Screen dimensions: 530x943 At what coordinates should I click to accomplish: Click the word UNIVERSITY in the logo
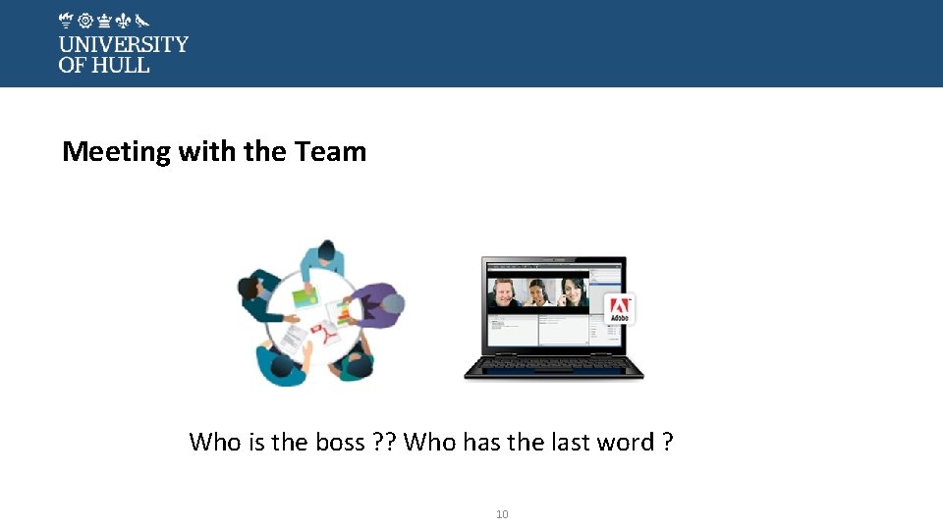[x=123, y=44]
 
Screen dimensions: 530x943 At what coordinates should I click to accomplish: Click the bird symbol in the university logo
[x=142, y=20]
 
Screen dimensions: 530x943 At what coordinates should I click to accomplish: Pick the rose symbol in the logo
[x=85, y=20]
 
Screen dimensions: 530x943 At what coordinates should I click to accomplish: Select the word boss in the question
[x=340, y=443]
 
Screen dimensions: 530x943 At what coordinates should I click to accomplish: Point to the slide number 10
[x=502, y=514]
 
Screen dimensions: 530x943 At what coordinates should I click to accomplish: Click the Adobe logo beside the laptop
[x=620, y=308]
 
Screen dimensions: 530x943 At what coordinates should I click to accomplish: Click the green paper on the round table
[x=305, y=294]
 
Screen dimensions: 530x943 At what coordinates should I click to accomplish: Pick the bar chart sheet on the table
[x=343, y=313]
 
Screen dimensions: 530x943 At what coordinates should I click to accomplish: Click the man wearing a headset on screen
[x=507, y=293]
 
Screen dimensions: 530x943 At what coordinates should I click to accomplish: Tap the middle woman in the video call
[x=537, y=293]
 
